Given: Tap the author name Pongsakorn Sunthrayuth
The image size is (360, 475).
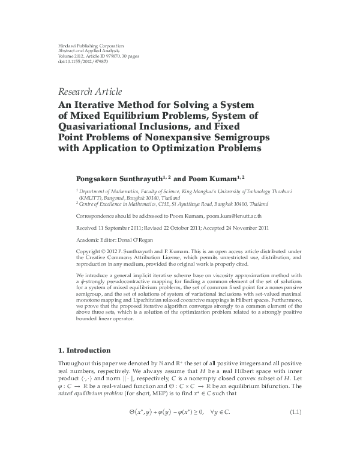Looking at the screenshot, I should pyautogui.click(x=123, y=178).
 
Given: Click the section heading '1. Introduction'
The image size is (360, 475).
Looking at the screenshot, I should pyautogui.click(x=84, y=350).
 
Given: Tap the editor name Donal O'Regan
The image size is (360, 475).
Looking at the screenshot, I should pyautogui.click(x=135, y=239).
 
